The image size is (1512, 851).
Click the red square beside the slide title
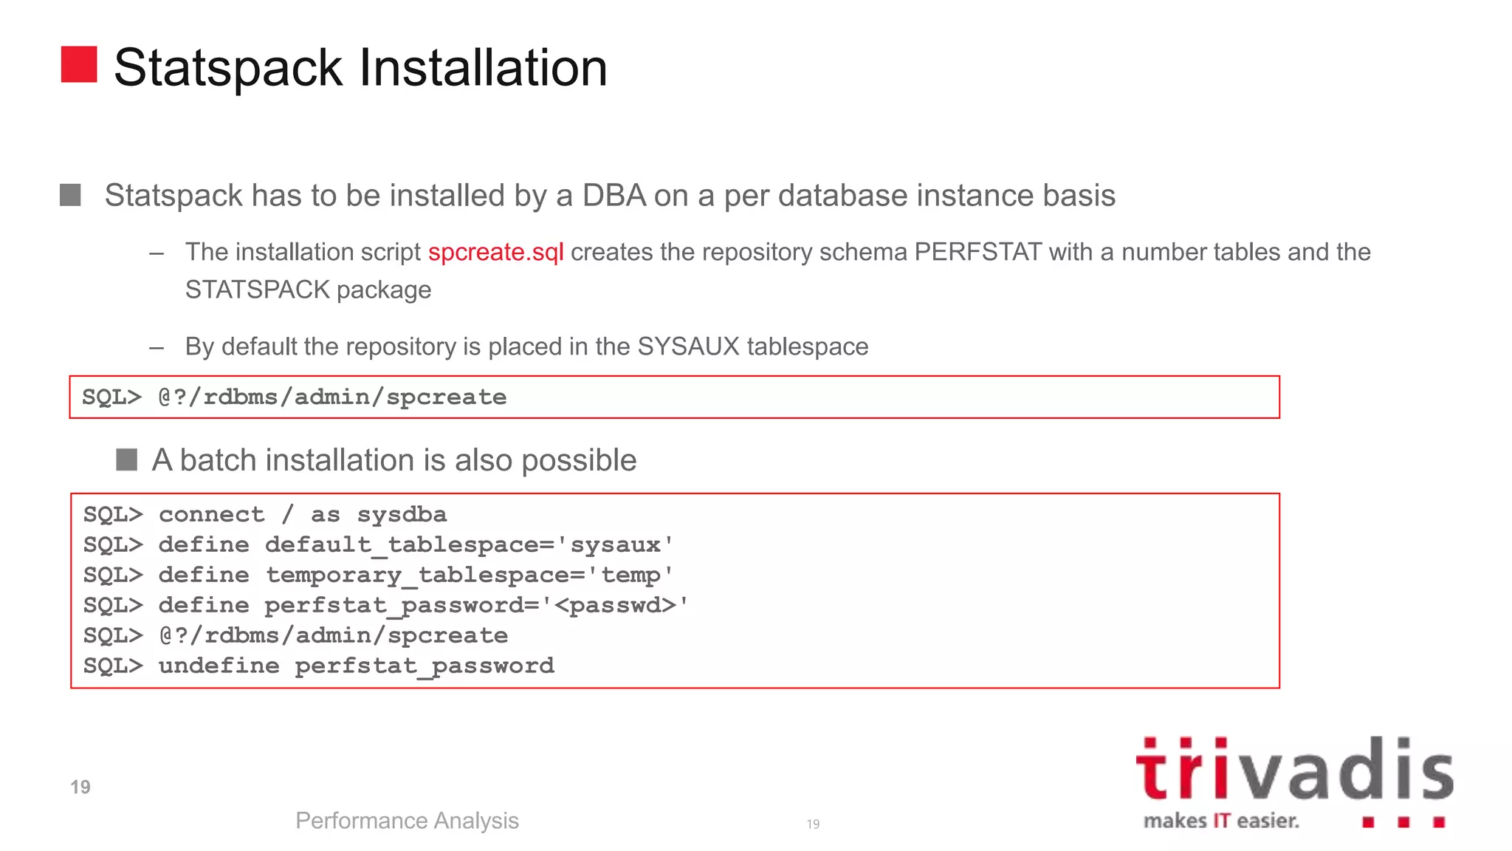pos(79,64)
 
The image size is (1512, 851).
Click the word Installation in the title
pos(483,68)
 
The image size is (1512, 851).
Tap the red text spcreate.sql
pos(495,253)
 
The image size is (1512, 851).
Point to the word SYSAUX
pos(688,346)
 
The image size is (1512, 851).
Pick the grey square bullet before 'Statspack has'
pos(70,196)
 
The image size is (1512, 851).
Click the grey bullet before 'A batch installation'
pos(127,460)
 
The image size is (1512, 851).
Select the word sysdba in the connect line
pos(402,515)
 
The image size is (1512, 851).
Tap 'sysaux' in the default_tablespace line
pos(615,545)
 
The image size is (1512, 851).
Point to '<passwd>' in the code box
pos(615,606)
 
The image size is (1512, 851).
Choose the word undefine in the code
pos(219,666)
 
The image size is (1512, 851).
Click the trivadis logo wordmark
pos(1294,770)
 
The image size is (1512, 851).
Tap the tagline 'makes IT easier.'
pos(1221,821)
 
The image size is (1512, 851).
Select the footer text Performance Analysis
pos(407,821)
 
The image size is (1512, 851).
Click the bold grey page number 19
pos(80,787)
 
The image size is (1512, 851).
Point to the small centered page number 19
pos(813,824)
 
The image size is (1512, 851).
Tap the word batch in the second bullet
pos(219,460)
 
